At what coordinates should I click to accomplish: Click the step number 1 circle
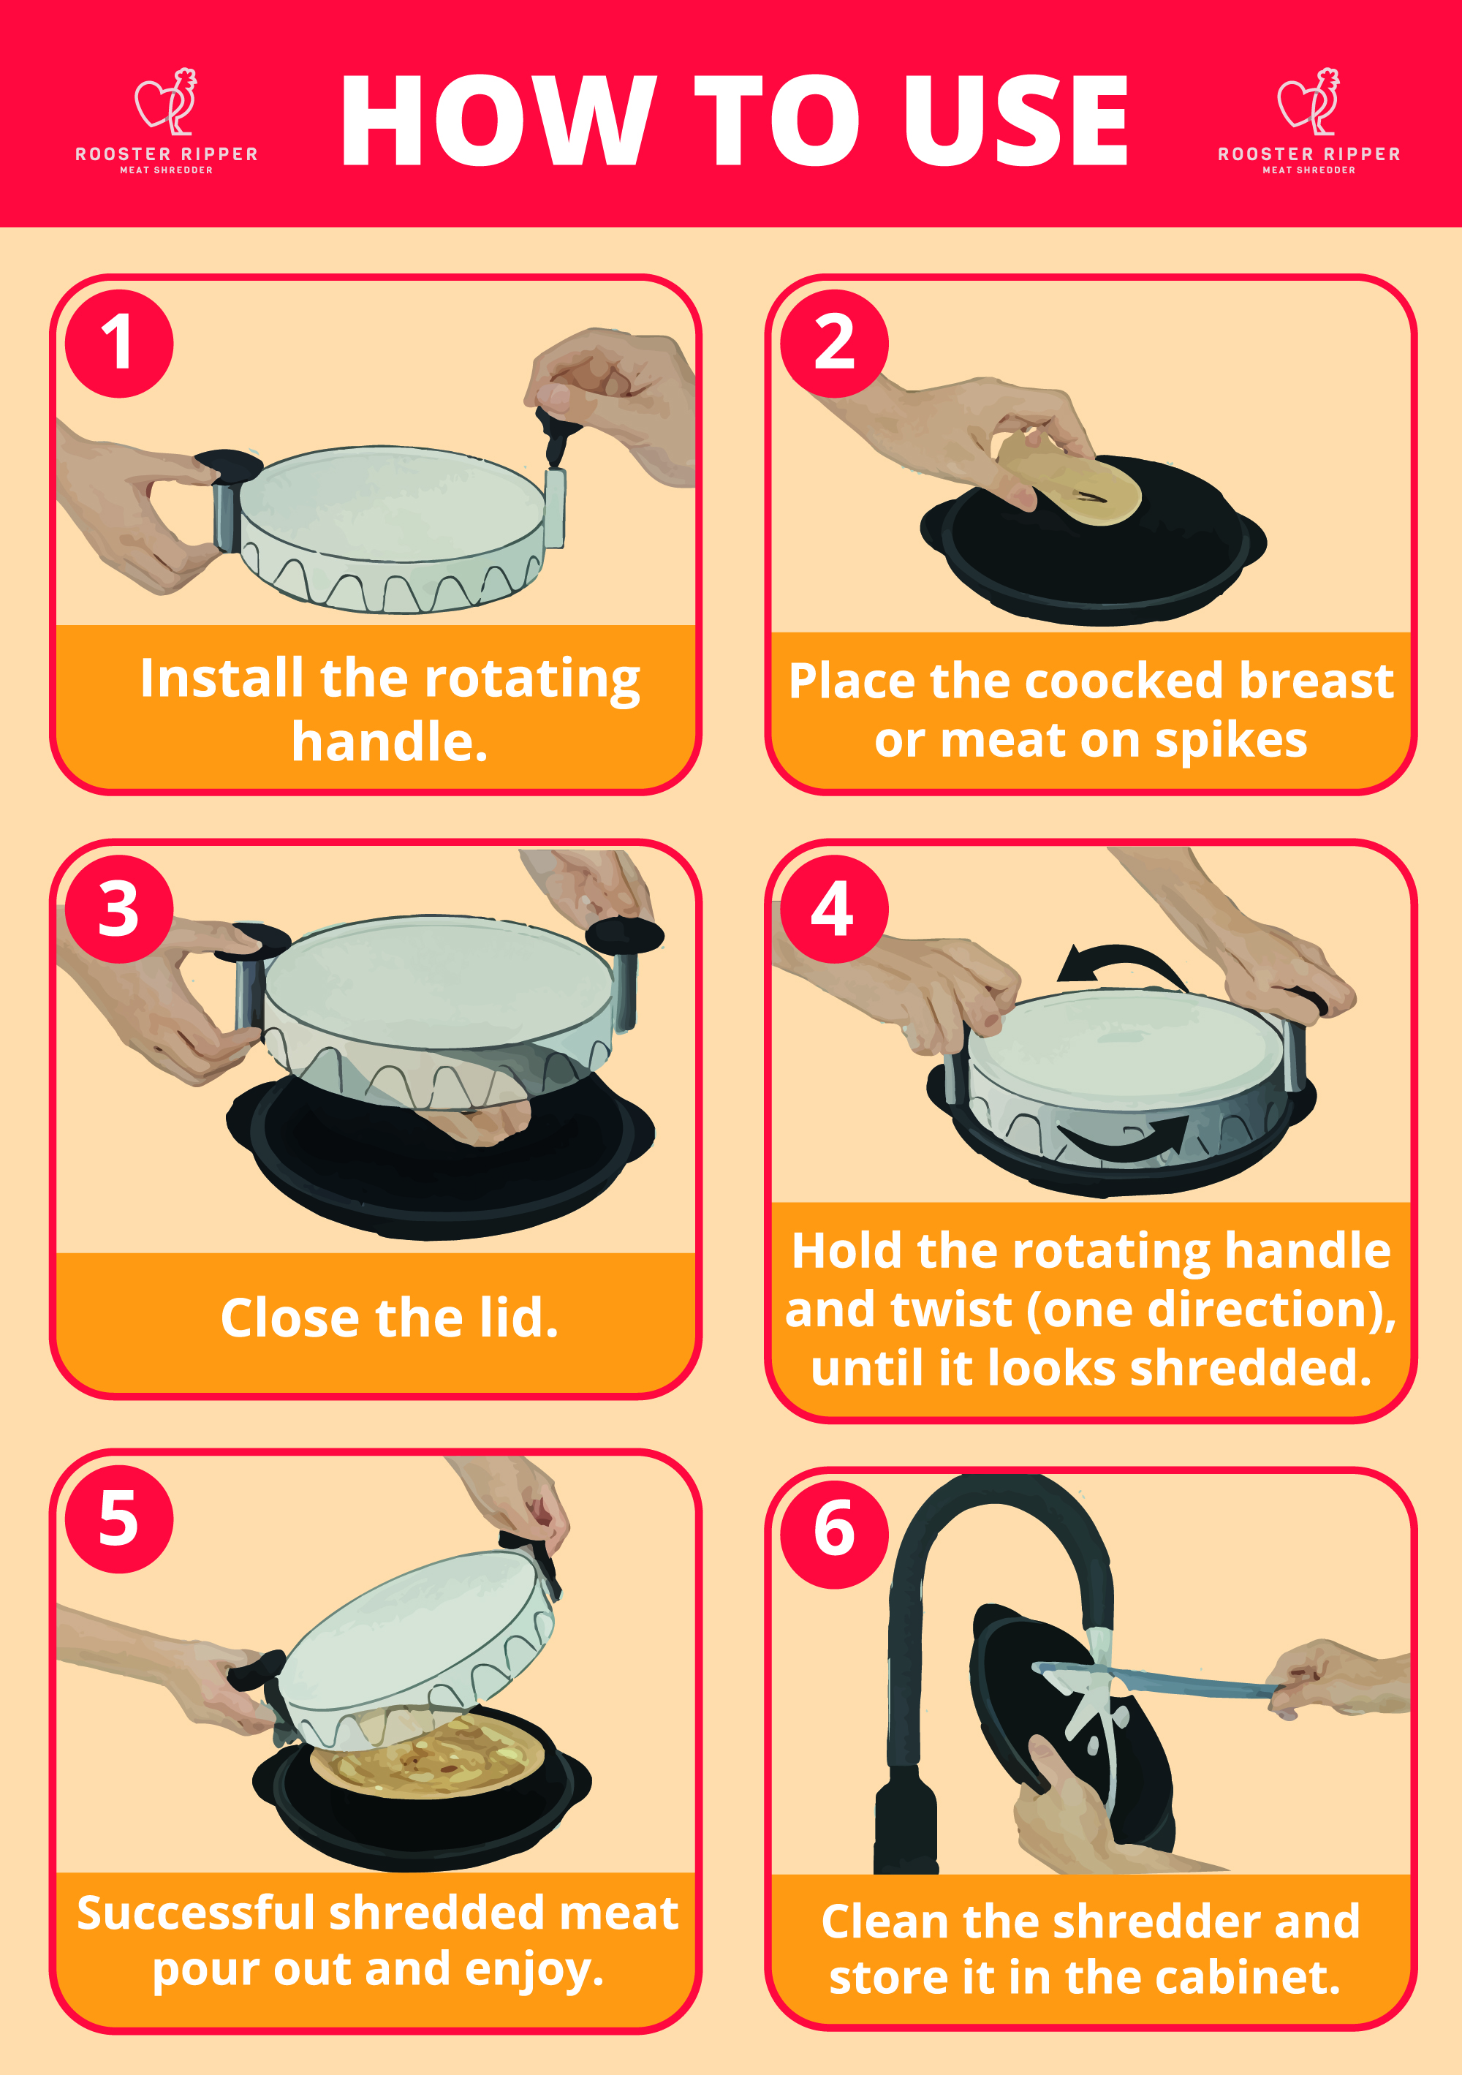pos(118,344)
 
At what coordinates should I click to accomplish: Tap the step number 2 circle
pos(834,344)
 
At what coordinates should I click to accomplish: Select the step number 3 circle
pos(118,909)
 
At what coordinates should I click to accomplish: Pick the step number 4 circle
pos(834,909)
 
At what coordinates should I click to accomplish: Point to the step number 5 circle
pos(118,1519)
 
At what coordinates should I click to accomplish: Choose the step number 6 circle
pos(834,1535)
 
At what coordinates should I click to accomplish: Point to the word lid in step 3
pos(512,1317)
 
